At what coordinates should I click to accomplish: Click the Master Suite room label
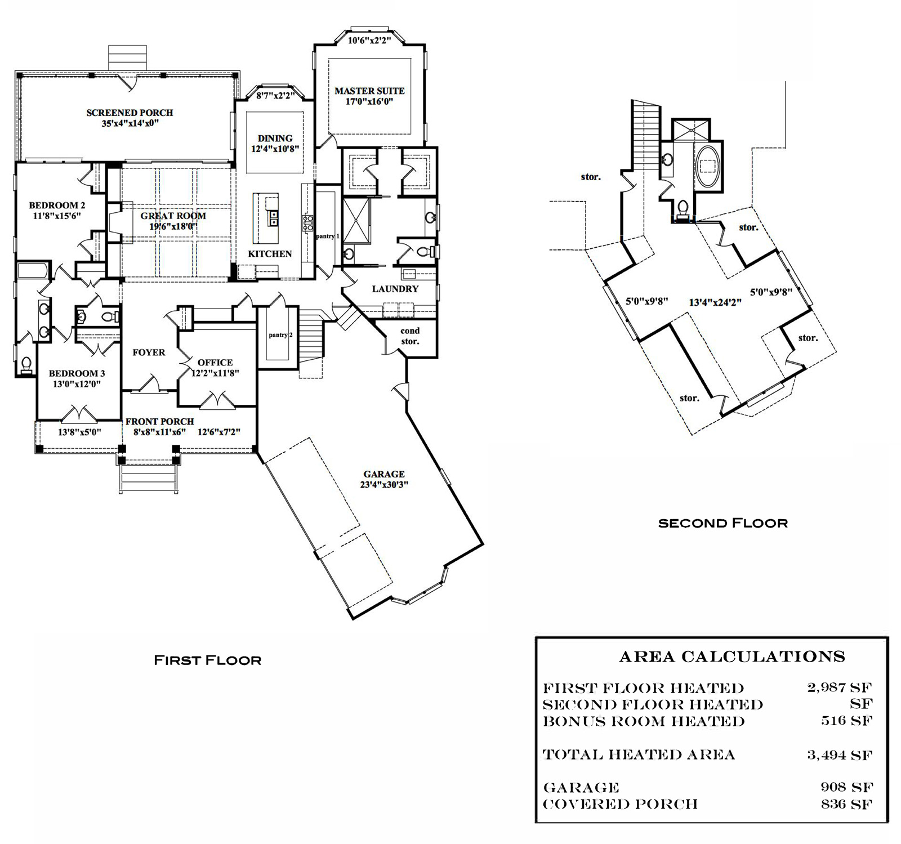tap(369, 91)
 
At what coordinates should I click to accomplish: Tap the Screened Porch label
tap(130, 113)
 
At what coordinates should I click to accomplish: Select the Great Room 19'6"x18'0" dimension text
tap(173, 226)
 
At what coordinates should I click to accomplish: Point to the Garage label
tap(384, 474)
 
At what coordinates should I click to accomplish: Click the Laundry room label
tap(395, 289)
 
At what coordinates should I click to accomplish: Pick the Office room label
tap(215, 363)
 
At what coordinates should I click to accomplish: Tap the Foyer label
tap(149, 352)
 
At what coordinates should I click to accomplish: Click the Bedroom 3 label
tap(77, 373)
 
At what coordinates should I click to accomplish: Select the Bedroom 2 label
tap(57, 205)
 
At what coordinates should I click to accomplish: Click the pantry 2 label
tap(280, 335)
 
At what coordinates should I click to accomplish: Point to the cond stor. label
tap(410, 336)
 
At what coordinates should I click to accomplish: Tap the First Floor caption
tap(208, 660)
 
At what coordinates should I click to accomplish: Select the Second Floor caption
tap(723, 523)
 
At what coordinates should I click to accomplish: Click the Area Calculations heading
tap(732, 657)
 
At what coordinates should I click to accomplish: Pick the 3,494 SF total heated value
tap(840, 754)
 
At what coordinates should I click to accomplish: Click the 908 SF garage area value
tap(847, 787)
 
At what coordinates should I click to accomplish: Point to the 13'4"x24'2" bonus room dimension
tap(715, 302)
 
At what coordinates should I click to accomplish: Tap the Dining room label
tap(275, 139)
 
